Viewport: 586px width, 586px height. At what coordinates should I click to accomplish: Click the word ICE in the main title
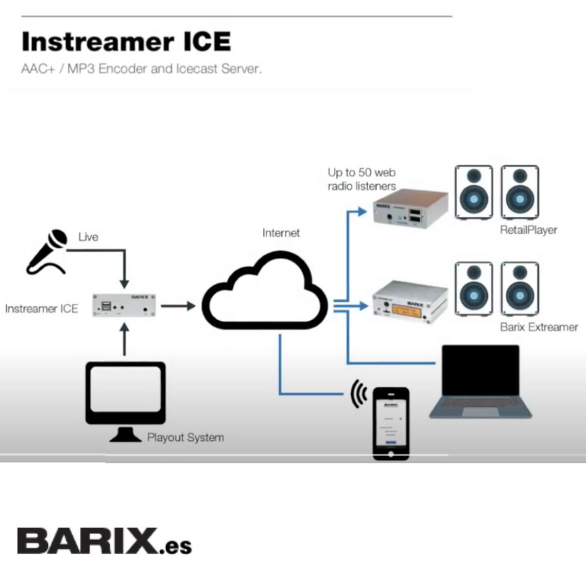pos(207,42)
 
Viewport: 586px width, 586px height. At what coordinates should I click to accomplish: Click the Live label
pos(88,237)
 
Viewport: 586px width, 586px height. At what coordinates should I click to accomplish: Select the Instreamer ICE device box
pos(125,306)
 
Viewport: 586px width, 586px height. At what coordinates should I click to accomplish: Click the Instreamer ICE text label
pos(42,309)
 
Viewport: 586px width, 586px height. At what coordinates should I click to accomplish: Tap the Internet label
pos(281,233)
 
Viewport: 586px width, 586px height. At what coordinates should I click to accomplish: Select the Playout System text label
pos(186,438)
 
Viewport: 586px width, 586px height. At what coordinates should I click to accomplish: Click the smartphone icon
pos(391,423)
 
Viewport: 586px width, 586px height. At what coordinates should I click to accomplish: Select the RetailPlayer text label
pos(528,230)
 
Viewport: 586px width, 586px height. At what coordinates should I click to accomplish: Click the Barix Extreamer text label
pos(539,327)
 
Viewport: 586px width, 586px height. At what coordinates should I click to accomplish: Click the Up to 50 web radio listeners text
pos(361,179)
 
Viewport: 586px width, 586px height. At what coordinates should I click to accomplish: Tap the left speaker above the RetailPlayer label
pos(474,192)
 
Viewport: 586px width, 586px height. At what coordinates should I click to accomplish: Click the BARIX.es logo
pos(104,541)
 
